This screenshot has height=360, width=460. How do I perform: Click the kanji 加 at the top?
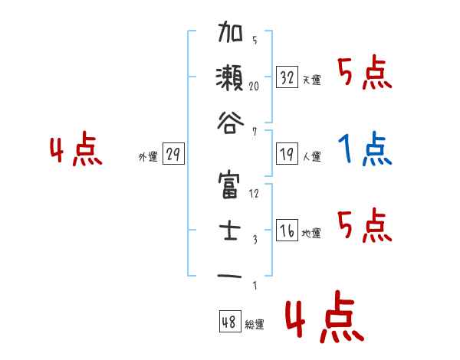point(230,34)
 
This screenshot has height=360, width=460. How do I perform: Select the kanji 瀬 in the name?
point(230,79)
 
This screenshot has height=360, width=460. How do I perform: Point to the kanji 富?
point(230,186)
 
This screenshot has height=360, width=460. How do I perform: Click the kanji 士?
point(230,230)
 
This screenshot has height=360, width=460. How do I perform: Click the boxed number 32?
point(287,77)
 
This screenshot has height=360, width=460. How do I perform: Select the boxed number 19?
point(287,155)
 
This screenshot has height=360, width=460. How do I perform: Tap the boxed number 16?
point(287,231)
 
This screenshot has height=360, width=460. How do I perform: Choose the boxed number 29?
point(174,155)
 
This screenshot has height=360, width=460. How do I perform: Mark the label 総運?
point(255,325)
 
